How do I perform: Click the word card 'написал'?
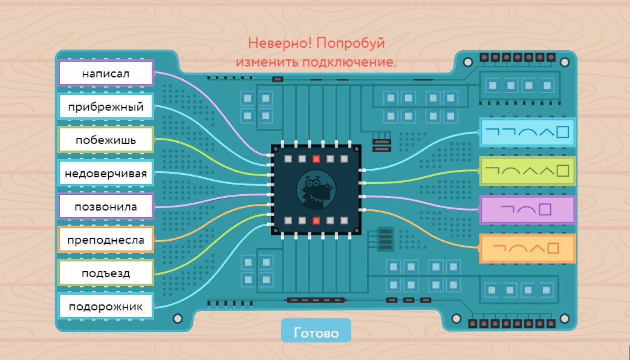point(106,74)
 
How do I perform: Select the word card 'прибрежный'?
point(106,107)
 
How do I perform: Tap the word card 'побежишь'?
point(106,140)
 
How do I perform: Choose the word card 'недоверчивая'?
point(106,174)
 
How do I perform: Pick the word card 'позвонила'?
point(106,207)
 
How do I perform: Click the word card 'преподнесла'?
point(106,240)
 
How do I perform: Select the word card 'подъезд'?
point(106,273)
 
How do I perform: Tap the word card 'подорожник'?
point(106,307)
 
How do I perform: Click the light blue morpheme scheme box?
point(527,132)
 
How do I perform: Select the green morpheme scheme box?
point(527,171)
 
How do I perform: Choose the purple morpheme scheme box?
point(527,210)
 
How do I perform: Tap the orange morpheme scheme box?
point(527,248)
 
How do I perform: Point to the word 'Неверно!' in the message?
point(280,44)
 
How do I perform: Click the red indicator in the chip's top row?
point(316,159)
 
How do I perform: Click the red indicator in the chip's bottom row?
point(316,220)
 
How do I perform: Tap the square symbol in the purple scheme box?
point(545,210)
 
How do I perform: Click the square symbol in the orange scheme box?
point(553,248)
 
